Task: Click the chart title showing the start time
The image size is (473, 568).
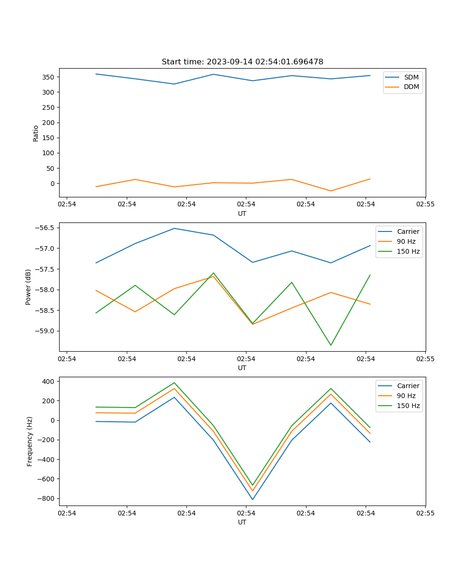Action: pyautogui.click(x=242, y=62)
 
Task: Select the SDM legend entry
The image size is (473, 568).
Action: pyautogui.click(x=411, y=77)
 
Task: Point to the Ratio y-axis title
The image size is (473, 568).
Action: pyautogui.click(x=35, y=133)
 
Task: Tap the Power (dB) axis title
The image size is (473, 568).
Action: pyautogui.click(x=28, y=287)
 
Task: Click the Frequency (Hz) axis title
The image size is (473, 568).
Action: pyautogui.click(x=29, y=441)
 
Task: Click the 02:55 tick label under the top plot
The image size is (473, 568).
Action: pyautogui.click(x=425, y=204)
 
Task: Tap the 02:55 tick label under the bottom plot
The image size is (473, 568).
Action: pyautogui.click(x=425, y=513)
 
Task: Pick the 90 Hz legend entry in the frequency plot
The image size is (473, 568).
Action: pyautogui.click(x=406, y=396)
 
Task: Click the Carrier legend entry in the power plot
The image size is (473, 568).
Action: pyautogui.click(x=408, y=231)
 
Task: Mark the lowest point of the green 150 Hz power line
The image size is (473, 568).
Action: pyautogui.click(x=331, y=345)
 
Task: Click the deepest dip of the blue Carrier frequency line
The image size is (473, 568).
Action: pyautogui.click(x=253, y=499)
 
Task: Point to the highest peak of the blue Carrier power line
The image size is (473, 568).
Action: pyautogui.click(x=175, y=228)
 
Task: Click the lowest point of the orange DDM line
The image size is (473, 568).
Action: pyautogui.click(x=331, y=191)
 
